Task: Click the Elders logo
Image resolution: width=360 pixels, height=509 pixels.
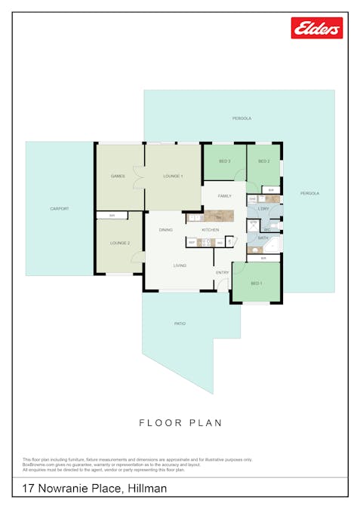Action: pos(317,28)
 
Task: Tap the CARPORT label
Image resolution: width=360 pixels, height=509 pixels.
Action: pos(60,209)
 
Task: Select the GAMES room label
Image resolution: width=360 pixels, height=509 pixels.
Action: pos(118,176)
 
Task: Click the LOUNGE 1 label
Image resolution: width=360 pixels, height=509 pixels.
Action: pos(174,176)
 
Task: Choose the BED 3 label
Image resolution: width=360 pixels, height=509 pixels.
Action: pos(224,161)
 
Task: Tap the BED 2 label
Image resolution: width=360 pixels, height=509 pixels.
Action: pos(263,161)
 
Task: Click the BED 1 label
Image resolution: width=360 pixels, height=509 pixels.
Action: pos(257,284)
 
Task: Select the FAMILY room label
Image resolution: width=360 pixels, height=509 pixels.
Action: pos(224,195)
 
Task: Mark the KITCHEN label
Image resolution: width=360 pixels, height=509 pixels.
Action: pos(211,229)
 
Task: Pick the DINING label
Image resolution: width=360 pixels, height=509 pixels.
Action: pos(166,229)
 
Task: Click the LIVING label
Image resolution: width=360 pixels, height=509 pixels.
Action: pos(180,265)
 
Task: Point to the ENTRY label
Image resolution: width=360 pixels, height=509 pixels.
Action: pos(223,272)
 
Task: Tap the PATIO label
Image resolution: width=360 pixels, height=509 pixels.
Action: pos(180,323)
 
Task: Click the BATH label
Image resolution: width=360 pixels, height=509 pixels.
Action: pos(263,238)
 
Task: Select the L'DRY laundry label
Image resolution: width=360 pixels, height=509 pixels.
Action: pos(263,208)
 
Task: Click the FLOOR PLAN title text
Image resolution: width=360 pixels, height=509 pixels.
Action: pos(180,423)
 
